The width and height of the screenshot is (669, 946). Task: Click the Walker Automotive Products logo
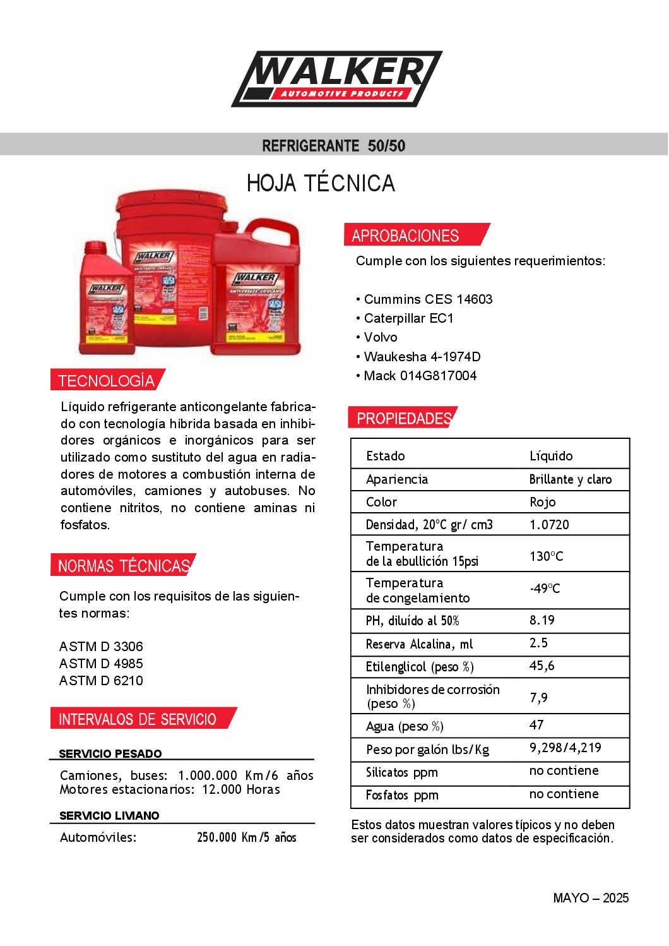[x=336, y=79]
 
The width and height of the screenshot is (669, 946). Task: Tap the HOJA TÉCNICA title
[x=321, y=183]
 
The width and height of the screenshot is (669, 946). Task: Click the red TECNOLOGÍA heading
[x=106, y=380]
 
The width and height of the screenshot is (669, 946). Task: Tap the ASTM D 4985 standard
[x=101, y=664]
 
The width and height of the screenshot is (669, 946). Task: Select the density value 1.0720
[x=549, y=525]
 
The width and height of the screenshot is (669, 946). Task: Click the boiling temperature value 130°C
[x=546, y=556]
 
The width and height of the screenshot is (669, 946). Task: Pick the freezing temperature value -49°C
[x=545, y=589]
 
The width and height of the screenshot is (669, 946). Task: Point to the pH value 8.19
[x=542, y=620]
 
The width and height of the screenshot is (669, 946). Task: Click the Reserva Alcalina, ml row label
[x=419, y=644]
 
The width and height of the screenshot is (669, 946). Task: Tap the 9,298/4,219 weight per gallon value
[x=565, y=748]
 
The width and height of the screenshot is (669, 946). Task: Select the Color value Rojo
[x=542, y=502]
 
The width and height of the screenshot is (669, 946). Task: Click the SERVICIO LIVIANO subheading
[x=109, y=815]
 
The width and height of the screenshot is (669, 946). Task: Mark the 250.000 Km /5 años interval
[x=246, y=837]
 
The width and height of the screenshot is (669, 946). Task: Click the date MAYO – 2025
[x=591, y=898]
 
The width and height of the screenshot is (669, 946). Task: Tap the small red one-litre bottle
[x=105, y=300]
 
